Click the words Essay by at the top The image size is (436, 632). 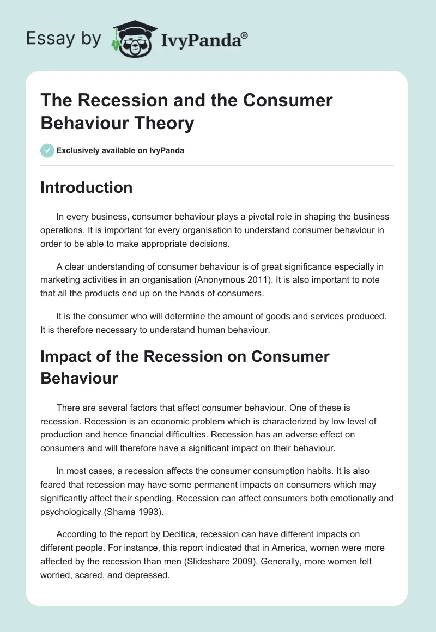[64, 39]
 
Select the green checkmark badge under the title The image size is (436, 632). [47, 150]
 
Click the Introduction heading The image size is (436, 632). [86, 187]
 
